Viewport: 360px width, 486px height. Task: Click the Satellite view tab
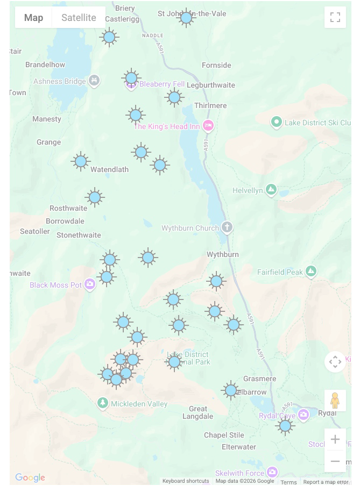point(79,18)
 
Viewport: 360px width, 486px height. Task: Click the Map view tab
point(33,18)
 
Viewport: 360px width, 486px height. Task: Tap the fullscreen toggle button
point(335,17)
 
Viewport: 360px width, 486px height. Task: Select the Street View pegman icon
point(335,401)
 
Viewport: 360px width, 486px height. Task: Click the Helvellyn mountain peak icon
point(271,190)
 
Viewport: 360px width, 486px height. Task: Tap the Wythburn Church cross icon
point(227,227)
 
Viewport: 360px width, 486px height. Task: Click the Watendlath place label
point(109,169)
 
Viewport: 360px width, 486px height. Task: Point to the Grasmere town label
point(259,378)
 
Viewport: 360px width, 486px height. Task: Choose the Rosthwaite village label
point(68,208)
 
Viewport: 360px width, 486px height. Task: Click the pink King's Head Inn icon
point(208,126)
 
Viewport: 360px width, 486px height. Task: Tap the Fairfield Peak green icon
point(310,271)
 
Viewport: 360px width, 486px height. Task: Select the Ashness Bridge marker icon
point(94,81)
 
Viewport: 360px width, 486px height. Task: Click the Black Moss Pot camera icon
point(90,285)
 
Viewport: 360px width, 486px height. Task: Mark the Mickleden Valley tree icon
point(103,403)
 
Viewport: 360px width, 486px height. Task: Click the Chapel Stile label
point(224,435)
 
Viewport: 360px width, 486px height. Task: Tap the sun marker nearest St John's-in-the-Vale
point(186,18)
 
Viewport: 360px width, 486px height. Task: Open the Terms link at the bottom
point(288,482)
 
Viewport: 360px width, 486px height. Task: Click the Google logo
point(30,477)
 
